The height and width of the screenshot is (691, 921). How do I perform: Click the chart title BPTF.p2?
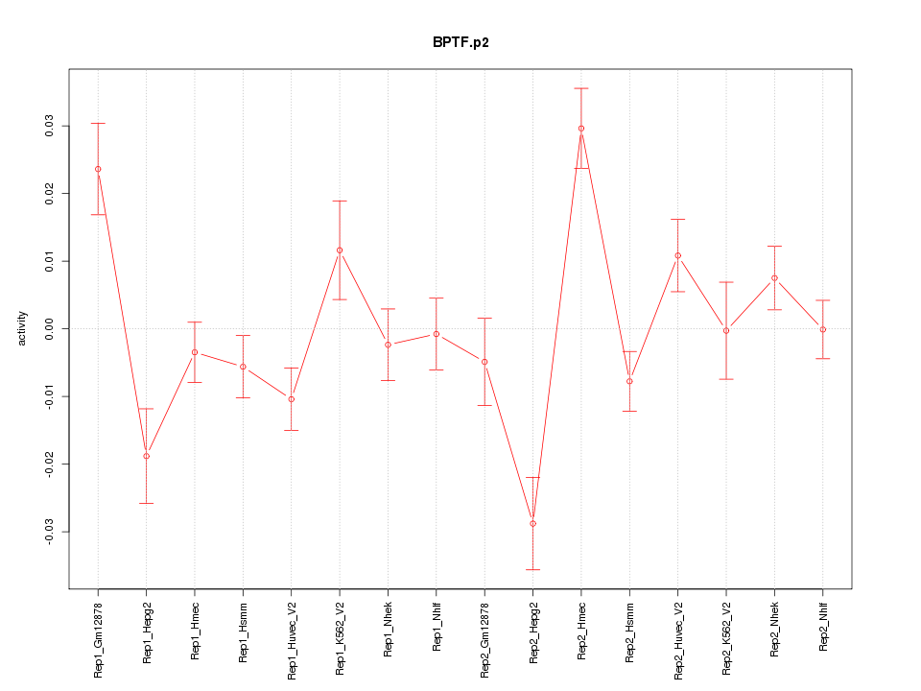(x=460, y=43)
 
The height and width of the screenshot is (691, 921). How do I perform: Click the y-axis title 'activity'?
(x=22, y=328)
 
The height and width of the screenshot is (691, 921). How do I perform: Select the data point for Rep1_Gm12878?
(x=98, y=169)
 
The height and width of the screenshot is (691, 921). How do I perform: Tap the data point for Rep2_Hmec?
(x=581, y=129)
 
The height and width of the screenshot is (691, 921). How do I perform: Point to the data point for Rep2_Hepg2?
(x=532, y=523)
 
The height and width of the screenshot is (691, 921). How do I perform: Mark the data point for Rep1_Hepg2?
(x=146, y=456)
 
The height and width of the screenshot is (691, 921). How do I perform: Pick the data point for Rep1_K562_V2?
(x=340, y=250)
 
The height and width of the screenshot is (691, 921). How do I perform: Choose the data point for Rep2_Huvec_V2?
(x=677, y=255)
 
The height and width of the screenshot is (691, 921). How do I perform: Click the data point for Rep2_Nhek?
(x=774, y=278)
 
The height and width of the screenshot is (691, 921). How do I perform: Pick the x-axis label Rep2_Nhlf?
(x=823, y=628)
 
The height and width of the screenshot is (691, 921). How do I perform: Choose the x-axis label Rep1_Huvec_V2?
(x=292, y=640)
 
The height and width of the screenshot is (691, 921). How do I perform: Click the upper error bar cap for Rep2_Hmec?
(x=581, y=88)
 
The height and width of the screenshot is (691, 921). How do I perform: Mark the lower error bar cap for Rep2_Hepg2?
(x=532, y=569)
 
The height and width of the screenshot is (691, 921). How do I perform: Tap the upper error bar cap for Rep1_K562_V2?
(x=340, y=201)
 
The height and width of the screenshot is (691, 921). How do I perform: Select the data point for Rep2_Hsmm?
(x=629, y=381)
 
